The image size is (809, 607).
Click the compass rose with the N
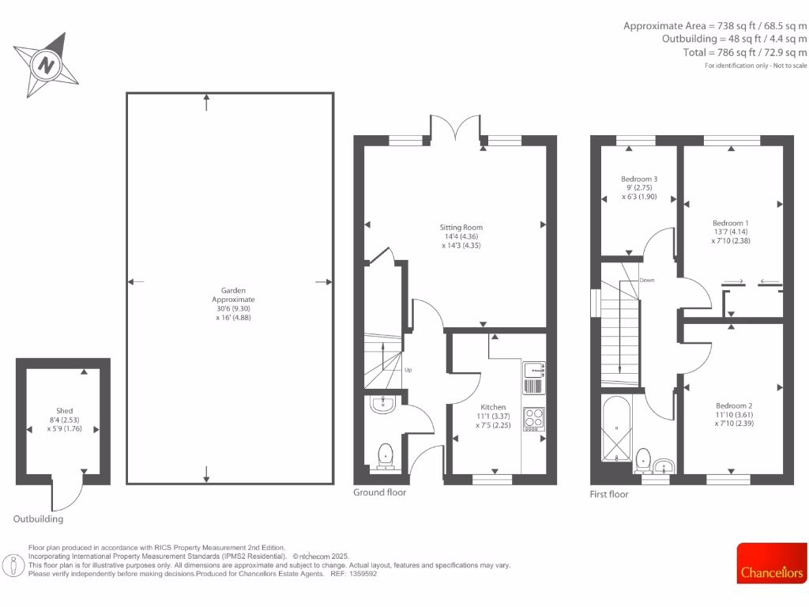[47, 65]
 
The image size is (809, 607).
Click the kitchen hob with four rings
[533, 417]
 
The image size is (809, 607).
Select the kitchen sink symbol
[533, 368]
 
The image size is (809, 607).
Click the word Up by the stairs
[408, 370]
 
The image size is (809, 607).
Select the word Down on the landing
[646, 280]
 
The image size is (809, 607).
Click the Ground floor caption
[379, 492]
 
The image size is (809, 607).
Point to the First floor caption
[609, 495]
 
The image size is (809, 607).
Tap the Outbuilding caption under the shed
[38, 519]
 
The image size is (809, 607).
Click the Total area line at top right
[745, 52]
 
